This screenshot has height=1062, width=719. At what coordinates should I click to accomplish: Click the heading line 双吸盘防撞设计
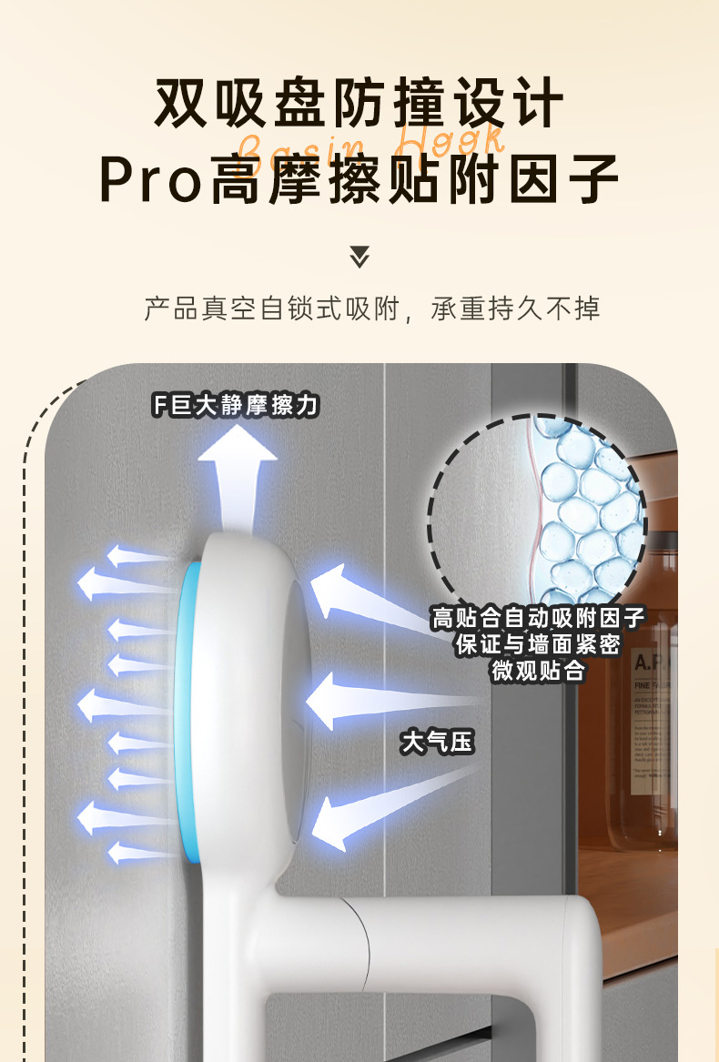click(359, 103)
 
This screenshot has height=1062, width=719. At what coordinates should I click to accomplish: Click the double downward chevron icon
click(359, 256)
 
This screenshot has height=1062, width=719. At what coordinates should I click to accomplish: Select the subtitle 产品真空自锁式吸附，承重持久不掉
click(372, 308)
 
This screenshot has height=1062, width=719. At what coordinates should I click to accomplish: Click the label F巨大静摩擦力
click(236, 404)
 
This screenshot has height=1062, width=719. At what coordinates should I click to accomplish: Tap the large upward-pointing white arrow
click(238, 478)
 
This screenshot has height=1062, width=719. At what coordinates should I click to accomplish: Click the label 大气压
click(438, 742)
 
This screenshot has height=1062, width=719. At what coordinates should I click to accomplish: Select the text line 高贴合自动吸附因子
click(539, 619)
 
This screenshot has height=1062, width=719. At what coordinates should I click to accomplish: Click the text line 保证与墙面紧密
click(539, 645)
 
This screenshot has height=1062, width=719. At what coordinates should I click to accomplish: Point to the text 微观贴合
click(539, 672)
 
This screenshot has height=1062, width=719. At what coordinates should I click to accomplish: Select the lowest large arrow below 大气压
click(382, 801)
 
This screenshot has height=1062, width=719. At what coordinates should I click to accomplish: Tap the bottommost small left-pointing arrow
click(137, 853)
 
